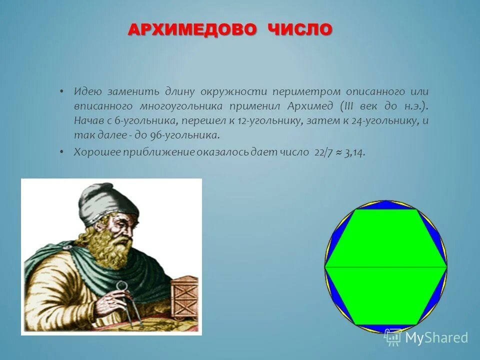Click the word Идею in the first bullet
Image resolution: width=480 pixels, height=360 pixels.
coord(88,92)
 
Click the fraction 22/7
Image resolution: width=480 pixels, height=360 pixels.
coord(324,153)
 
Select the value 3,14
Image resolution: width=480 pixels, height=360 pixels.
coord(354,153)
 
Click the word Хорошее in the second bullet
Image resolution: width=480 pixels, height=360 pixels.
coord(94,153)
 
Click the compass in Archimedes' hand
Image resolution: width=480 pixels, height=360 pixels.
coord(120,300)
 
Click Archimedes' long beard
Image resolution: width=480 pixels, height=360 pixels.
coord(107,245)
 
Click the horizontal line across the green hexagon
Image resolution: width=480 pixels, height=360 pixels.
coord(385,267)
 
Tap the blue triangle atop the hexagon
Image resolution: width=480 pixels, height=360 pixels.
coord(386,205)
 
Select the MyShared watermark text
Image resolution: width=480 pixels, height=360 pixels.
coord(436,337)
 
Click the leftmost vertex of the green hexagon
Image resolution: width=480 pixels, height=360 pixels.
coord(325,267)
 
